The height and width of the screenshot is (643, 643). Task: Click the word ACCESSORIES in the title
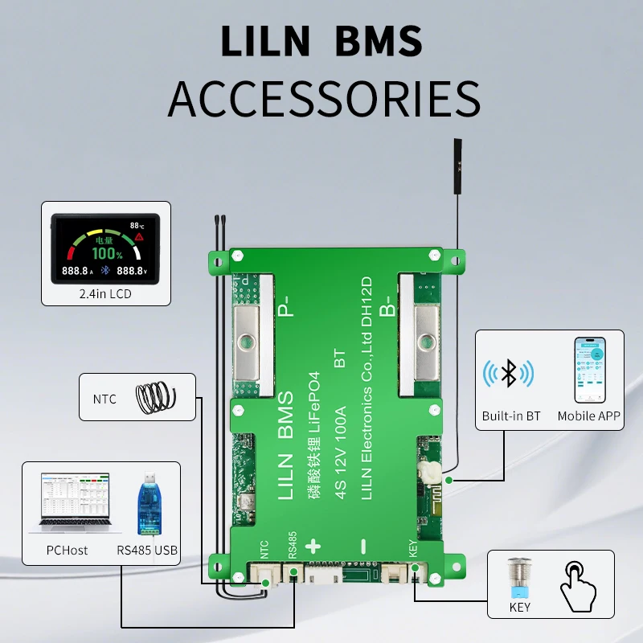click(323, 98)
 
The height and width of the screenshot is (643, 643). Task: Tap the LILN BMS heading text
click(321, 40)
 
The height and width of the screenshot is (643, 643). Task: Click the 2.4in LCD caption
click(105, 294)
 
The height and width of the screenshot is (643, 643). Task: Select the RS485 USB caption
click(147, 551)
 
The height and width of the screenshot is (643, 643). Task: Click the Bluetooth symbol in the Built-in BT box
click(508, 374)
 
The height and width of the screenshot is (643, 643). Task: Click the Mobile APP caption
click(588, 416)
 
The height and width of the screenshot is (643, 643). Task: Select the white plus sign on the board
click(313, 547)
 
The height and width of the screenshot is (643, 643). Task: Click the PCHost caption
click(67, 551)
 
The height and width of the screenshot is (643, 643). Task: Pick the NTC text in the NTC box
click(104, 399)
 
